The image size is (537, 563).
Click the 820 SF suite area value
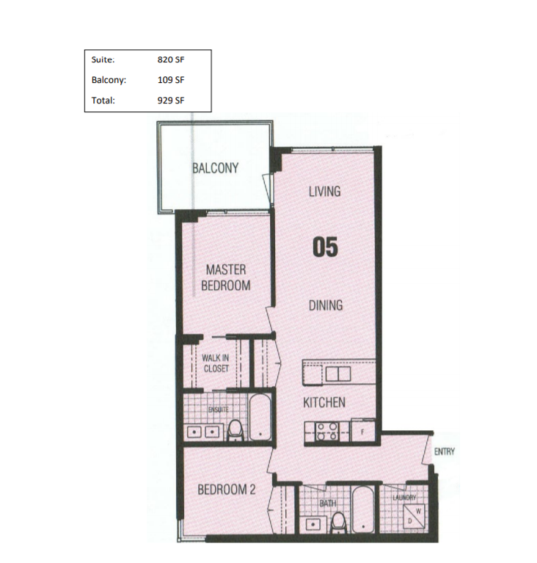(x=170, y=59)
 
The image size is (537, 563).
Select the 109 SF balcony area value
(x=170, y=80)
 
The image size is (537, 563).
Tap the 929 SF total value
(x=170, y=100)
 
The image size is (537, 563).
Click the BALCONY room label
(x=216, y=168)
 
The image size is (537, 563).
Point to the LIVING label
(x=324, y=192)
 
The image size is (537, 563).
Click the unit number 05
(x=325, y=247)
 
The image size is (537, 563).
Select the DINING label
(x=326, y=305)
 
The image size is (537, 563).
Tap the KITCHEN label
(x=324, y=402)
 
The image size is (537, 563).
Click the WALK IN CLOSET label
(x=216, y=363)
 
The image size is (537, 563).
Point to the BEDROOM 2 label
(x=227, y=490)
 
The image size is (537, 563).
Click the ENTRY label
(x=445, y=451)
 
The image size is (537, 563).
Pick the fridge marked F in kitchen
(x=363, y=431)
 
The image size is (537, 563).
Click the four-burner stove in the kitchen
(x=326, y=432)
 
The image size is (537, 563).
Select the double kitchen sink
(x=338, y=374)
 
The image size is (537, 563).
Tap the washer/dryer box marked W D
(x=414, y=515)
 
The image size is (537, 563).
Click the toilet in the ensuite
(x=235, y=431)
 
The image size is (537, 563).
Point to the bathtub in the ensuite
(x=260, y=417)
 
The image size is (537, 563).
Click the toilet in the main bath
(x=337, y=523)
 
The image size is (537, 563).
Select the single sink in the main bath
(x=313, y=524)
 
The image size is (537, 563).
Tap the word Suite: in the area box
(x=103, y=59)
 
